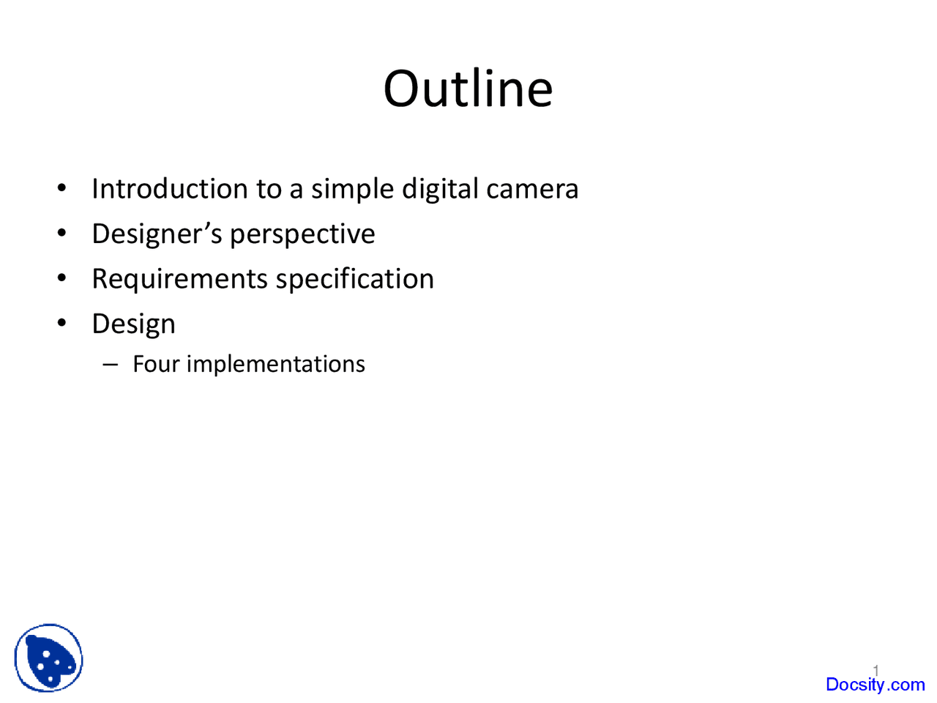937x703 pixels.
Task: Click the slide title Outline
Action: [468, 89]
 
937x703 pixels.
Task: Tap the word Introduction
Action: [170, 189]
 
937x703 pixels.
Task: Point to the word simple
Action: [354, 189]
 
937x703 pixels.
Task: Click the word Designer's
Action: [157, 234]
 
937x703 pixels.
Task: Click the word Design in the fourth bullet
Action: [133, 324]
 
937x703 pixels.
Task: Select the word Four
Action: [155, 364]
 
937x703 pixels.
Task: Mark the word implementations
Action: [275, 365]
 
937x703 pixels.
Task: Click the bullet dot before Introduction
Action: [62, 188]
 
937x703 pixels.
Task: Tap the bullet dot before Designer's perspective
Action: [62, 234]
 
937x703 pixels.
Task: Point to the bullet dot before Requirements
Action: [62, 278]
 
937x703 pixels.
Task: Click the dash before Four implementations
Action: [111, 364]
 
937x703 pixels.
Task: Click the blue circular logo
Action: [48, 658]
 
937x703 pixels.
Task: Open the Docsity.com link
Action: [875, 685]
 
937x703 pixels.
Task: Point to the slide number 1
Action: [876, 669]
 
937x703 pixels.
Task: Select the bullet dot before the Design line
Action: [62, 323]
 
